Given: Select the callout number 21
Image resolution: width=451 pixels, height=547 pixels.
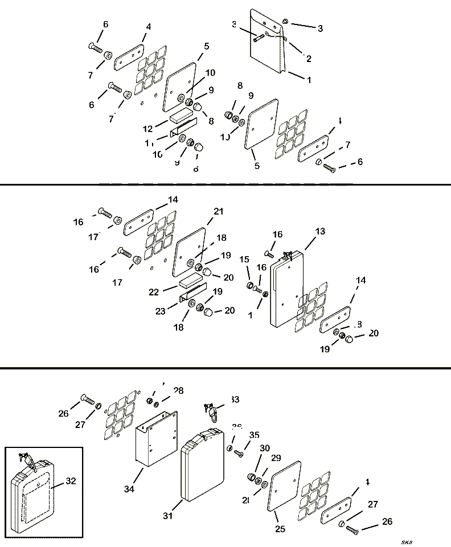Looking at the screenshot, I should point(219,211).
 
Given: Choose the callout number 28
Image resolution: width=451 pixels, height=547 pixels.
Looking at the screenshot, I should point(179,390).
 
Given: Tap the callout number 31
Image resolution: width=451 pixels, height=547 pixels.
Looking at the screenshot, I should point(167,516).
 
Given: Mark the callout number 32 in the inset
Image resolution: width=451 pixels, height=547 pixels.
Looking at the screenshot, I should point(71,480).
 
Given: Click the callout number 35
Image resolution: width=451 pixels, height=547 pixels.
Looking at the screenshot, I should point(254,435).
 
